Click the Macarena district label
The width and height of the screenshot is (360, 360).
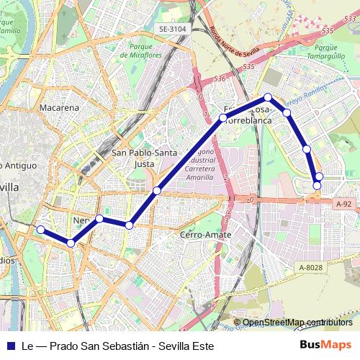[60, 107]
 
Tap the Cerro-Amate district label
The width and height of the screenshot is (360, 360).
[205, 235]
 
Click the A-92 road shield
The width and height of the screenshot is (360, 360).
[343, 204]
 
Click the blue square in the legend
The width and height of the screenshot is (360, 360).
[10, 346]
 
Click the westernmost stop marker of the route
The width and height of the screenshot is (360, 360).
[41, 230]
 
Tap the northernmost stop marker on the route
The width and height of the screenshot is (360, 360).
[267, 97]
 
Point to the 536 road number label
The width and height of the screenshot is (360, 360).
[220, 78]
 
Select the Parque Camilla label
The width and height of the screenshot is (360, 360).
[9, 26]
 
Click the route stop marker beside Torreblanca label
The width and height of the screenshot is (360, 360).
[223, 117]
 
